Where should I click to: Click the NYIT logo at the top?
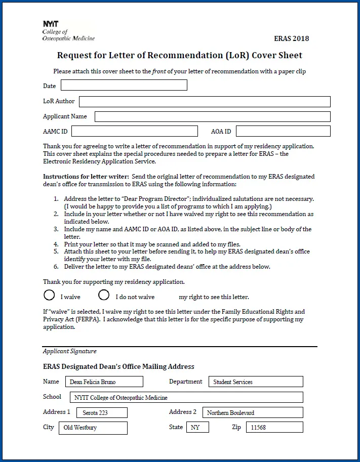tap(51, 24)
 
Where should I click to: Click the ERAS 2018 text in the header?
tap(291, 38)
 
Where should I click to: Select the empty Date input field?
tap(124, 85)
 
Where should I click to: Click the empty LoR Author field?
tap(205, 102)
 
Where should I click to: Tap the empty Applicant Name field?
tap(212, 117)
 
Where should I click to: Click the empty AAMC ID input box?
tap(134, 132)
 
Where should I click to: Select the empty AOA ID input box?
tap(283, 132)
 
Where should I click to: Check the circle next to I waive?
tap(49, 295)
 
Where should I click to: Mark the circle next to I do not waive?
tap(104, 295)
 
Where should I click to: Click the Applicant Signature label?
tap(69, 351)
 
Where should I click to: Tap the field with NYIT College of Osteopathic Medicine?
tap(185, 397)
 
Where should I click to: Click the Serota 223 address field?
tap(102, 412)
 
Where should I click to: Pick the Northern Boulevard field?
tap(253, 412)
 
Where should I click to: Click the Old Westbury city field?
tap(95, 428)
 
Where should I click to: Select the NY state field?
tap(197, 428)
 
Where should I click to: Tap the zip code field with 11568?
tap(274, 428)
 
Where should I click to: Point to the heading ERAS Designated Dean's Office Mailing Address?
tap(118, 366)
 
